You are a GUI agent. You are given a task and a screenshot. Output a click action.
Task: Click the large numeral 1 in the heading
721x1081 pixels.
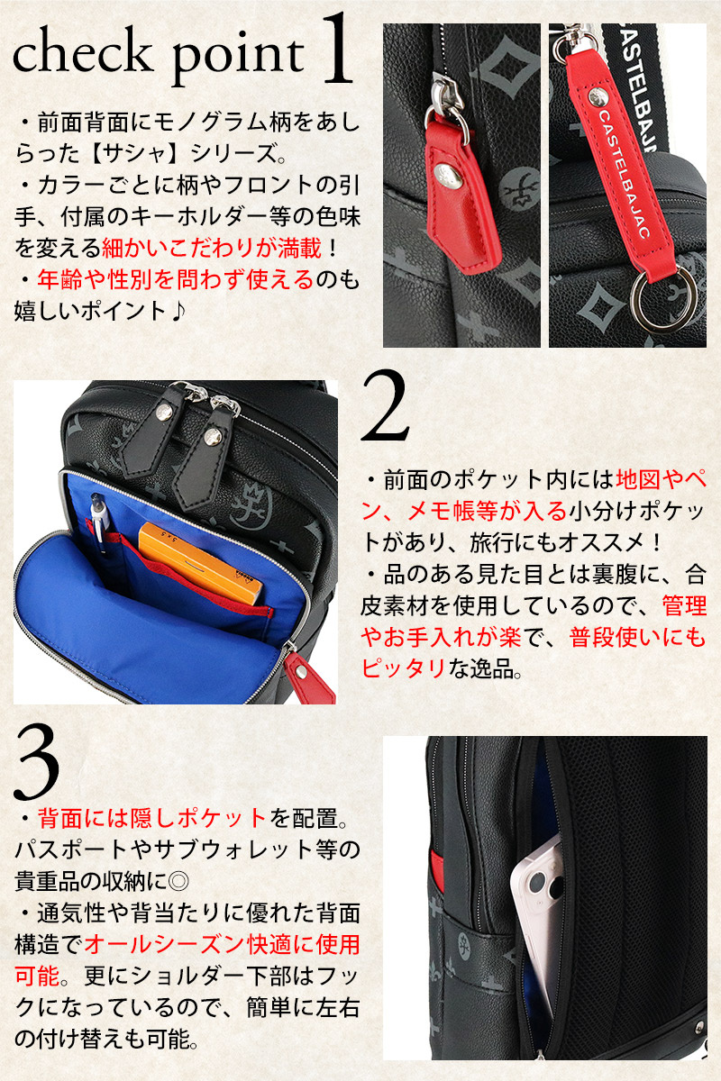336,49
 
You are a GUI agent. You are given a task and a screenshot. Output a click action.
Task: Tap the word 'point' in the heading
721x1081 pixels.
238,59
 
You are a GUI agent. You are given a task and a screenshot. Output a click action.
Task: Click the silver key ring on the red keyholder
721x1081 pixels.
663,298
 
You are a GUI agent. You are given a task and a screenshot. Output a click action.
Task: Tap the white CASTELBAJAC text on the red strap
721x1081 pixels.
624,174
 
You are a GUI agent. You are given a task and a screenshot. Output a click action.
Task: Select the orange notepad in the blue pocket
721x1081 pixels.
200,561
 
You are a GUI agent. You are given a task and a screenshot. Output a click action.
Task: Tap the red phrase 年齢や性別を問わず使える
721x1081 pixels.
176,279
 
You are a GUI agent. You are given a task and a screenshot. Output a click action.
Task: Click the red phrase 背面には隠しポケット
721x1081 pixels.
151,818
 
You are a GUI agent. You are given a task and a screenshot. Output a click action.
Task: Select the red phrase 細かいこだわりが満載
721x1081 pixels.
212,248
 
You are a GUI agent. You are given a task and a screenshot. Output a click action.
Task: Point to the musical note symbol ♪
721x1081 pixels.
178,311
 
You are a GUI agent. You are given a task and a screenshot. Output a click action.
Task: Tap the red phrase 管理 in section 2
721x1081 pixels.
685,606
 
